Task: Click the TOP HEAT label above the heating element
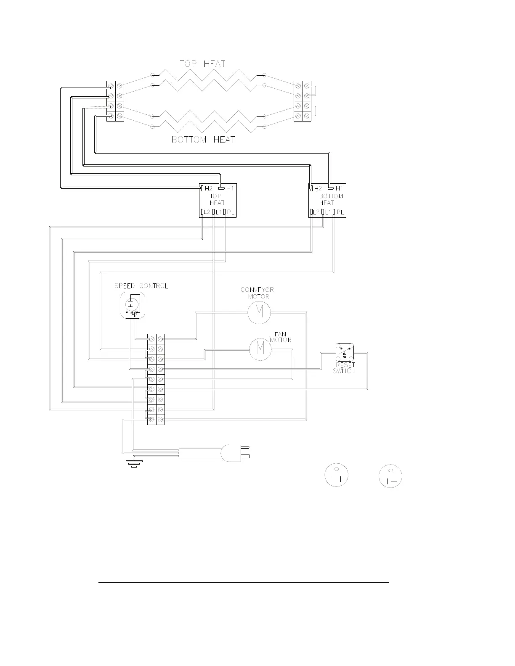tap(202, 64)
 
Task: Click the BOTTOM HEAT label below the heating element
tap(203, 140)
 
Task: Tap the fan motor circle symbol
tap(260, 349)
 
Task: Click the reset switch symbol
tap(345, 352)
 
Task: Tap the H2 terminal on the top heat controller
tap(207, 188)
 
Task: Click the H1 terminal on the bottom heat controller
tap(337, 188)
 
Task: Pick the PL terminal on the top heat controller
tap(230, 212)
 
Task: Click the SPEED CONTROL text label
tap(141, 286)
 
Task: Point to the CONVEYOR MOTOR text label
tap(257, 293)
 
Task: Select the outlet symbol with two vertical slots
tap(336, 475)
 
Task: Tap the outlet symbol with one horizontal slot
tap(391, 476)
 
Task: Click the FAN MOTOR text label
tap(281, 337)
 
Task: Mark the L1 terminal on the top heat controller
tap(217, 212)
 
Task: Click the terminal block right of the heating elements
tap(302, 101)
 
